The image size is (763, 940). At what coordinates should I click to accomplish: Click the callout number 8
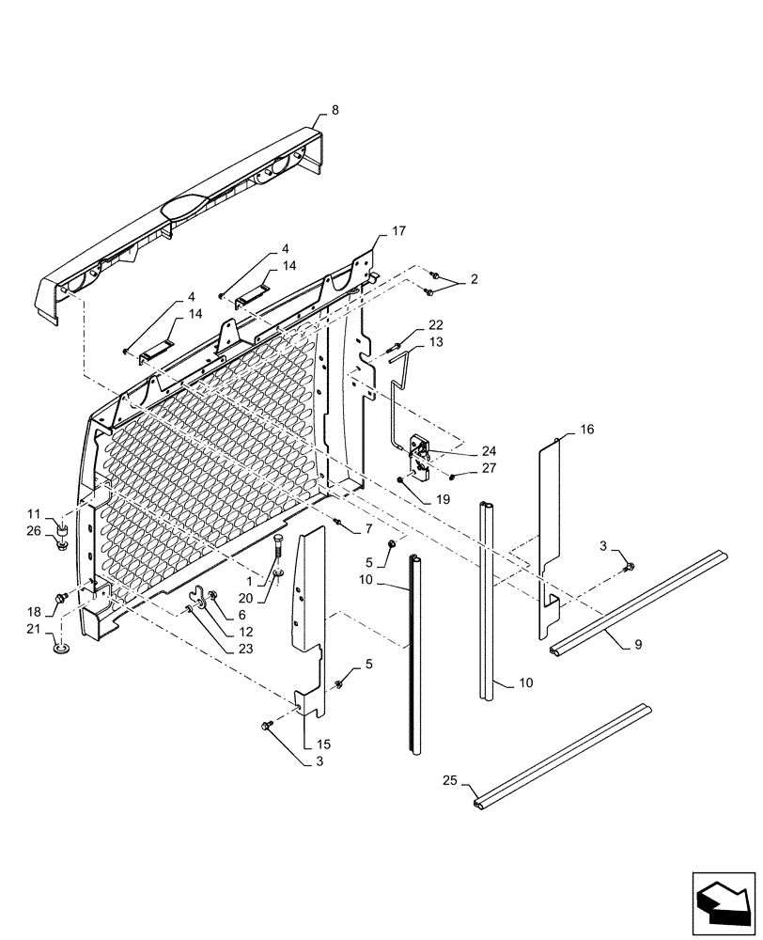(x=335, y=110)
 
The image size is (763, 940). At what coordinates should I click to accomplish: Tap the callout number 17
(x=398, y=230)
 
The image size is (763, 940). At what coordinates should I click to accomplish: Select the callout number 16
(x=586, y=429)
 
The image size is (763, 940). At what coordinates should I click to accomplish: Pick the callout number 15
(x=325, y=744)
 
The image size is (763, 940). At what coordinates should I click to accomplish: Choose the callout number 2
(x=475, y=280)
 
